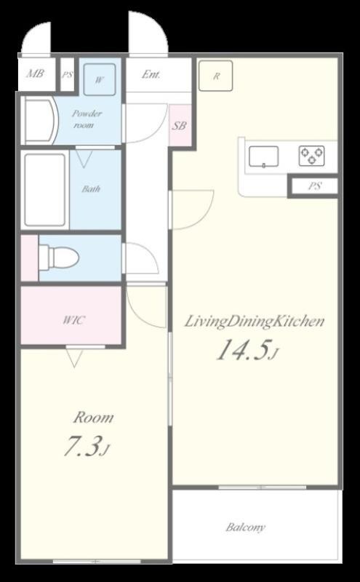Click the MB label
pyautogui.click(x=35, y=73)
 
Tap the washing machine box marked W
pyautogui.click(x=99, y=80)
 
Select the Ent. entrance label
pyautogui.click(x=151, y=75)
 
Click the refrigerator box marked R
pyautogui.click(x=215, y=76)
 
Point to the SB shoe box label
pyautogui.click(x=179, y=125)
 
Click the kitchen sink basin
pyautogui.click(x=263, y=156)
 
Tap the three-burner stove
pyautogui.click(x=311, y=156)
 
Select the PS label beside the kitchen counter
pyautogui.click(x=315, y=186)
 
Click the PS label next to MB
pyautogui.click(x=67, y=75)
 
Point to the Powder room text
pyautogui.click(x=86, y=119)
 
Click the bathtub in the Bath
pyautogui.click(x=45, y=190)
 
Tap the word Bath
pyautogui.click(x=92, y=189)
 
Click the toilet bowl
pyautogui.click(x=60, y=256)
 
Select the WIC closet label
pyautogui.click(x=74, y=320)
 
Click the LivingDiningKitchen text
pyautogui.click(x=255, y=322)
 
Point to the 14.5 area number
pyautogui.click(x=242, y=351)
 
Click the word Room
pyautogui.click(x=93, y=418)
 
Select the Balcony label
pyautogui.click(x=246, y=527)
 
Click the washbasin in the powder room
pyautogui.click(x=41, y=120)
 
